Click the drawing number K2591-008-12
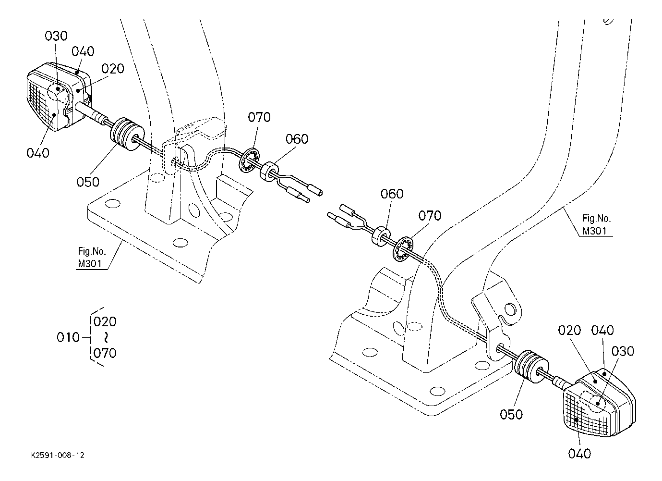(x=58, y=455)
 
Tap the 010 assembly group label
(x=68, y=337)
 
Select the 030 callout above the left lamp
(x=56, y=36)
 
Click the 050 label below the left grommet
(x=88, y=182)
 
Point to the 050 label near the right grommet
(x=511, y=414)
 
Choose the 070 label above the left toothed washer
(x=259, y=117)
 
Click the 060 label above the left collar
(x=297, y=139)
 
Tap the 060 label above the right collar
(x=392, y=194)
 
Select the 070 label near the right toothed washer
(x=430, y=216)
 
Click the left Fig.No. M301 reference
(x=92, y=258)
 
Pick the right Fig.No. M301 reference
(x=596, y=224)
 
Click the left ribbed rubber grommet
(x=127, y=134)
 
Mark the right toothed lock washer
(x=403, y=249)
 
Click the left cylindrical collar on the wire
(x=269, y=172)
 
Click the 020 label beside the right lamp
(x=569, y=331)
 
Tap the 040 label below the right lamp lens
(x=579, y=454)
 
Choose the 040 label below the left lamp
(x=38, y=153)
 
